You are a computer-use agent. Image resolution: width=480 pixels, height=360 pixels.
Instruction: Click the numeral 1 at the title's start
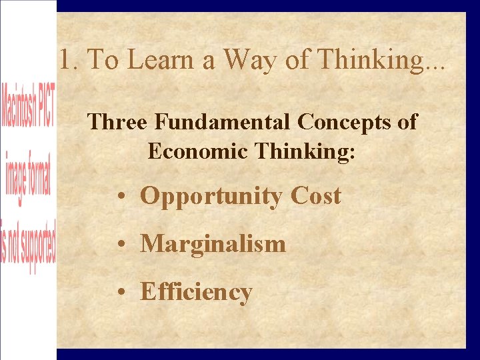click(x=65, y=60)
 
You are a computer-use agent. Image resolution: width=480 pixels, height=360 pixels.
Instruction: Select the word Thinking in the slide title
click(x=369, y=60)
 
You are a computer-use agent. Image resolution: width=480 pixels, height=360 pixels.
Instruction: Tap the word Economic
click(x=190, y=151)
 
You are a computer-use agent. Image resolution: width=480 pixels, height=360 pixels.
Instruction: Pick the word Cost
click(x=315, y=196)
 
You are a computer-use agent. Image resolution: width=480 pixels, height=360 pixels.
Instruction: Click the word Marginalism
click(x=213, y=244)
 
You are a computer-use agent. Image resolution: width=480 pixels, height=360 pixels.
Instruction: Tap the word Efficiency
click(x=196, y=292)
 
